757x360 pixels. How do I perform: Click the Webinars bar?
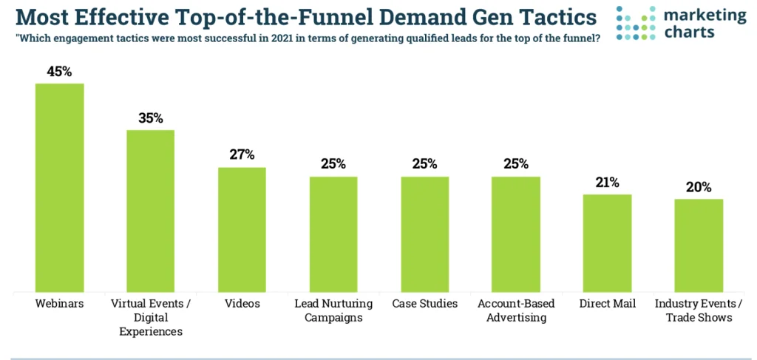click(x=60, y=188)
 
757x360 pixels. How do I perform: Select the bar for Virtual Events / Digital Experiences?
click(x=151, y=211)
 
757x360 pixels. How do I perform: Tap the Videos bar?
click(x=242, y=229)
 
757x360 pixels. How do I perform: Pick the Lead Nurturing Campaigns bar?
click(x=333, y=234)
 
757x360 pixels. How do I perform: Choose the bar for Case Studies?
click(x=425, y=234)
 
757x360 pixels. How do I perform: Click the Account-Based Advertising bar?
click(x=516, y=234)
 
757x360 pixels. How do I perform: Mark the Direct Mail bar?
click(x=607, y=243)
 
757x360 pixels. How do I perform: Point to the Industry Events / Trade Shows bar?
click(x=699, y=245)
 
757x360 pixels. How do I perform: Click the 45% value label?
click(x=60, y=72)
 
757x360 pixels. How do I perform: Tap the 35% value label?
click(x=151, y=118)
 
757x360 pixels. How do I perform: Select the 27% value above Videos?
click(x=242, y=155)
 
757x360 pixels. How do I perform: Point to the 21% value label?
click(x=607, y=183)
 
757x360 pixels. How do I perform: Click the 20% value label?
click(x=699, y=187)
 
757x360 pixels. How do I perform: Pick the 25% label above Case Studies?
click(x=425, y=164)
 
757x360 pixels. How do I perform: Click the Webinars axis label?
click(x=60, y=304)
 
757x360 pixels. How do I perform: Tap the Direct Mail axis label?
click(x=607, y=304)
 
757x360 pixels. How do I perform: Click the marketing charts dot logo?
click(x=636, y=23)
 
